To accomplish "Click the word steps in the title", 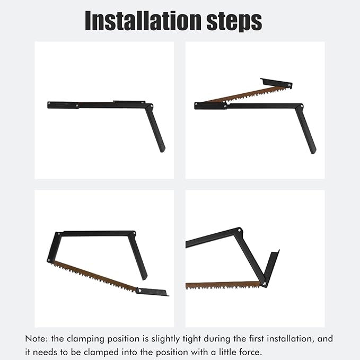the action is pos(234,22).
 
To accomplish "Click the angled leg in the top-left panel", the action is pos(155,128).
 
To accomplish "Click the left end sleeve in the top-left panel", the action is pos(63,105).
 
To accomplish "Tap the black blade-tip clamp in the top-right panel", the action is pos(276,83).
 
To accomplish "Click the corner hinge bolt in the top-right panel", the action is pos(302,107).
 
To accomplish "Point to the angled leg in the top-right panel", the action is pos(306,130).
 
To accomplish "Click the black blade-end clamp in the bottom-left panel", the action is pos(152,292).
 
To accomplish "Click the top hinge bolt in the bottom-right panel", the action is pos(239,230).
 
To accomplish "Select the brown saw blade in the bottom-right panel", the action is pos(223,285).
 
